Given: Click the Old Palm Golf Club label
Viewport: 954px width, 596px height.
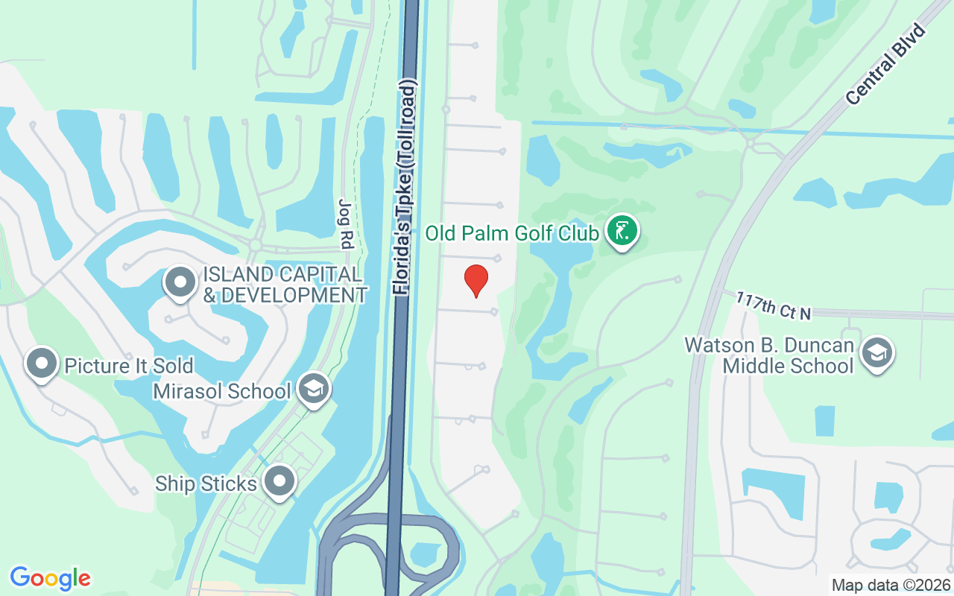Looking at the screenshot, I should point(512,234).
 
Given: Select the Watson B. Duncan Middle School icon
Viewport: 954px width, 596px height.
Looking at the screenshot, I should point(877,353).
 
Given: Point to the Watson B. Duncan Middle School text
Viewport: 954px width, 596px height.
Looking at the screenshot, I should point(768,356).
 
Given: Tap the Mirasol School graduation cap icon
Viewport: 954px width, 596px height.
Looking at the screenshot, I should point(314,388).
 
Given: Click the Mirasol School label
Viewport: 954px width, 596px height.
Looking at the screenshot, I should point(221,391).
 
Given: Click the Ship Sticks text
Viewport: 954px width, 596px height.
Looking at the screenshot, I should point(206,484).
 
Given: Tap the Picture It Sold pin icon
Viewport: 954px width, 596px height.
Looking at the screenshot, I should point(42,364).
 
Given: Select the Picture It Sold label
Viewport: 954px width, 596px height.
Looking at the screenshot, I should point(129,366).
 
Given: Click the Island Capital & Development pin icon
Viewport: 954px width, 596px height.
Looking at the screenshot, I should point(180,282).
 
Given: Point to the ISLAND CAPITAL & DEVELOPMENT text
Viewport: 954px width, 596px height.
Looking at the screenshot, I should point(285,285).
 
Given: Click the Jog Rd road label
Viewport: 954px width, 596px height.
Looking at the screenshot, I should point(345,224).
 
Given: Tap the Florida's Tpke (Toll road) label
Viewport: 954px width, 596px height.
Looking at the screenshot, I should point(405,186).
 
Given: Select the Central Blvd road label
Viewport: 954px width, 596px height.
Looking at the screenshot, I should point(885,65).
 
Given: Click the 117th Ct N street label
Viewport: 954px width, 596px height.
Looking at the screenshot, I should point(773,306).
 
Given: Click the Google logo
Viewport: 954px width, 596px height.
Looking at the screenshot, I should point(51,578).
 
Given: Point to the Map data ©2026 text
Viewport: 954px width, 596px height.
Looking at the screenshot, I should point(891,586).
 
